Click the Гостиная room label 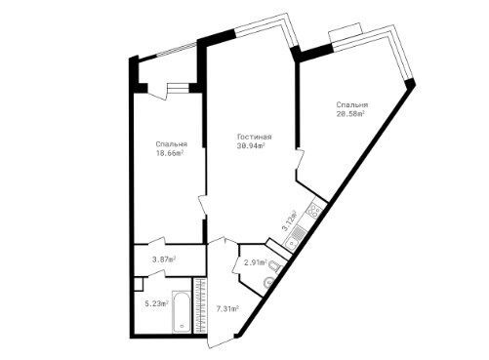(x=255, y=137)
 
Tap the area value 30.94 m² (x=251, y=145)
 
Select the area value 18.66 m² (x=169, y=153)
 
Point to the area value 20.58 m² (x=350, y=113)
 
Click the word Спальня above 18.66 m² (x=171, y=144)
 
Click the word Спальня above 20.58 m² (x=352, y=104)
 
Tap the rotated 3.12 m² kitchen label (x=289, y=221)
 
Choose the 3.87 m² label (x=164, y=260)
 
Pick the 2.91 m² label (x=256, y=262)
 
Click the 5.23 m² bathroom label (x=156, y=304)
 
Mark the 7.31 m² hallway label (x=227, y=308)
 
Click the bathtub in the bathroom (x=182, y=311)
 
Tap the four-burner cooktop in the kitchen (x=315, y=210)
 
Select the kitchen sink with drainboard (x=296, y=237)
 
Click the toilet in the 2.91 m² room (x=275, y=268)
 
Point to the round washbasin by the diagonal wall (x=268, y=282)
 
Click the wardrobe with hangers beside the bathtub (x=200, y=305)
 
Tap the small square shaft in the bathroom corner (x=139, y=284)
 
